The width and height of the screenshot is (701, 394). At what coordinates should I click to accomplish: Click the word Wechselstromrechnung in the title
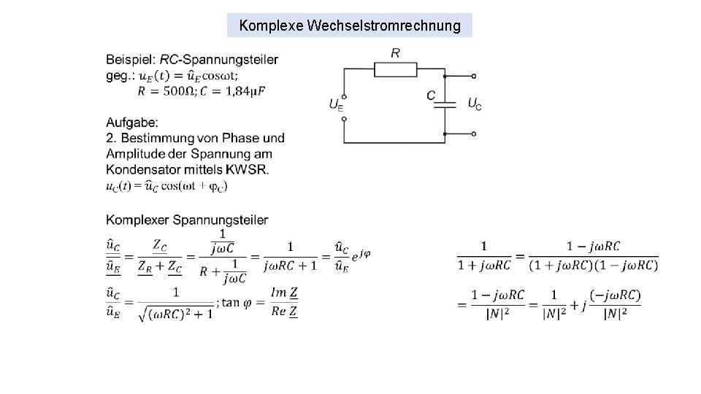click(x=384, y=26)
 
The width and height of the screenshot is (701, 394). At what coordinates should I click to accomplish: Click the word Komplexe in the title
click(x=272, y=26)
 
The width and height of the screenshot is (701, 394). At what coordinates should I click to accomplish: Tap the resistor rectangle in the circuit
click(x=395, y=69)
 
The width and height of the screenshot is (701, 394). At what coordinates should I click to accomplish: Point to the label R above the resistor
click(x=395, y=53)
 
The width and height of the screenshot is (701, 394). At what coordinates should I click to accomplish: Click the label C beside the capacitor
click(x=431, y=96)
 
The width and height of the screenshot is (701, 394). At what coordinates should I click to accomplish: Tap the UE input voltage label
click(x=335, y=104)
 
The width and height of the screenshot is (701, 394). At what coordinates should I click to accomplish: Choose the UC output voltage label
click(x=474, y=104)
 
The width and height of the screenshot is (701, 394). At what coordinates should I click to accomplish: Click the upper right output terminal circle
click(x=474, y=76)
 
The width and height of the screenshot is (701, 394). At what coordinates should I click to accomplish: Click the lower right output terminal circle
click(x=474, y=134)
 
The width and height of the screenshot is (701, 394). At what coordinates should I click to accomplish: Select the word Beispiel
click(x=130, y=60)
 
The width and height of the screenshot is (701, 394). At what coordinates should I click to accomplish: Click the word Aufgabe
click(x=131, y=122)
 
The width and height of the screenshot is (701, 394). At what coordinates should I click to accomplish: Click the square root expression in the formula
click(x=175, y=314)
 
